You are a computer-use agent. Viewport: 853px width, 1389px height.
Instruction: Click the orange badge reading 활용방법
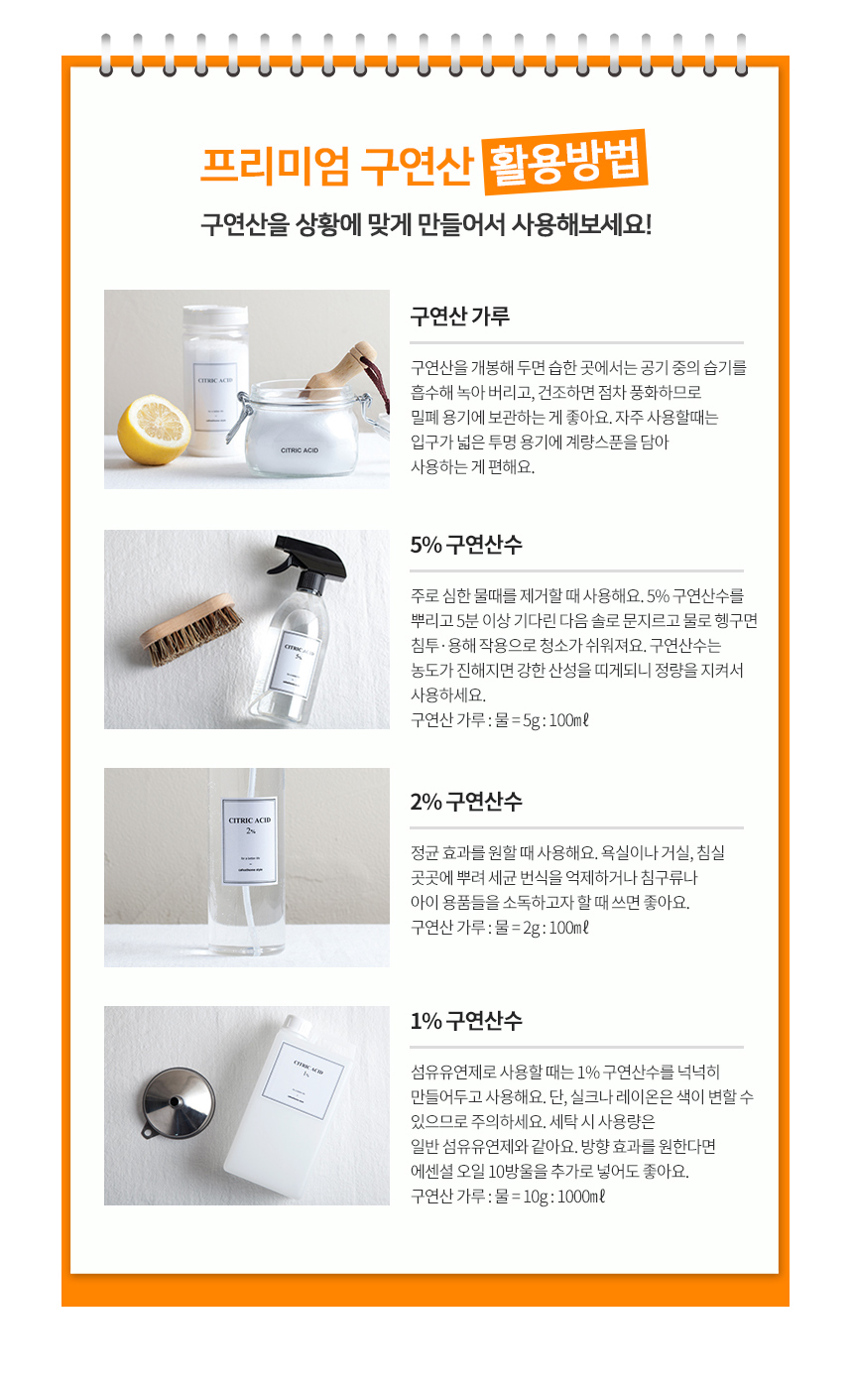[x=564, y=162]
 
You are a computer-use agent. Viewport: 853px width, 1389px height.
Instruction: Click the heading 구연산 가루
[x=459, y=316]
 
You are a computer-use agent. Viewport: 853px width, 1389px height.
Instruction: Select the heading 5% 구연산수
[x=465, y=545]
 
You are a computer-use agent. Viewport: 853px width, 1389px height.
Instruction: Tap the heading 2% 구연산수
[x=465, y=802]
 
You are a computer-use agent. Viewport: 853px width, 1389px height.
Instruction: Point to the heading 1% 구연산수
[x=465, y=1021]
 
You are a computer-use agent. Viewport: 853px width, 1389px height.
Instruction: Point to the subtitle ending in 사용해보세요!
[x=426, y=223]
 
